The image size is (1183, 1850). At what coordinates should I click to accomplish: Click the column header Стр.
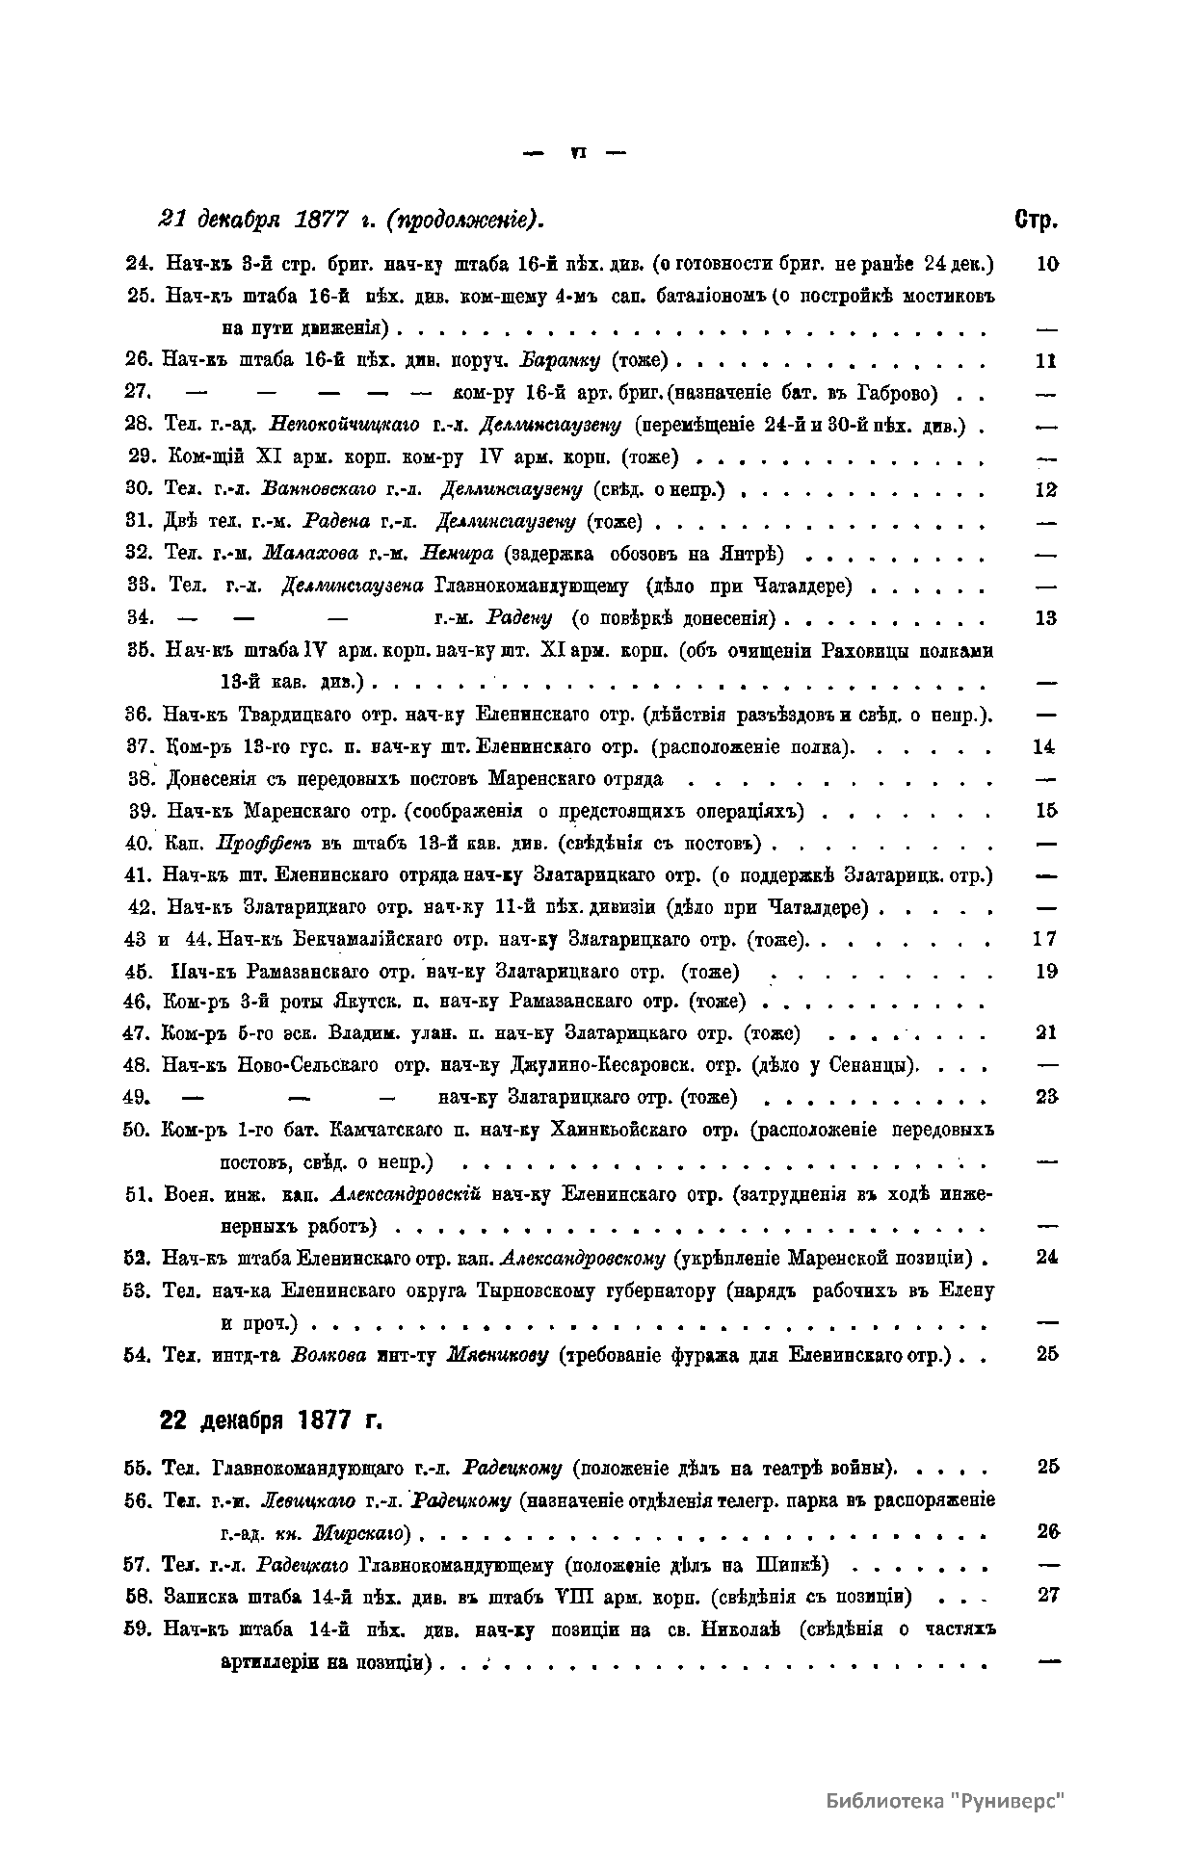(1037, 220)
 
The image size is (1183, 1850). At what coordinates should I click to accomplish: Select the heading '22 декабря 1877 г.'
(271, 1420)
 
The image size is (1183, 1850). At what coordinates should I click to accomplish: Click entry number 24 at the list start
(140, 263)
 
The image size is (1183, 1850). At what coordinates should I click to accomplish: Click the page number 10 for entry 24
(1047, 263)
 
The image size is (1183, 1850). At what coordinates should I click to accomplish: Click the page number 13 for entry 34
(1046, 618)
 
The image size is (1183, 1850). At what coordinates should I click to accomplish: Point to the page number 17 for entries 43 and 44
(1046, 939)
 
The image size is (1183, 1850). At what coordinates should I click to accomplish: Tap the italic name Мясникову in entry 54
(498, 1354)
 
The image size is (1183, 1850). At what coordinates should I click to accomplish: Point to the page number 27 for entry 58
(1048, 1595)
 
